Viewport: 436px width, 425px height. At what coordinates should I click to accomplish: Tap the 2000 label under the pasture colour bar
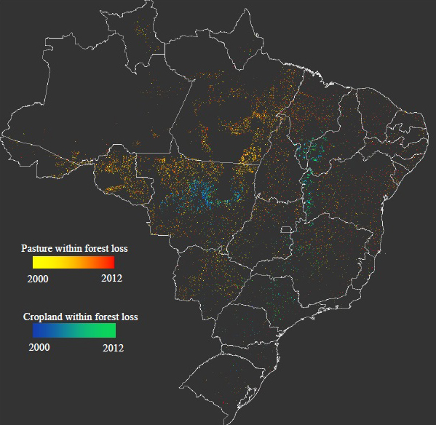[38, 279]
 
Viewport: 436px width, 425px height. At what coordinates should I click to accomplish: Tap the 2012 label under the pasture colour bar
[111, 279]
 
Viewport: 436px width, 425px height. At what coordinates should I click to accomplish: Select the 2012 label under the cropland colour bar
[113, 347]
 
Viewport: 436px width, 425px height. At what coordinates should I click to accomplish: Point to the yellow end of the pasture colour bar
[36, 263]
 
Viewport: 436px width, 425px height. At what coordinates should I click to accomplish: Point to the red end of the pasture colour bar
[111, 263]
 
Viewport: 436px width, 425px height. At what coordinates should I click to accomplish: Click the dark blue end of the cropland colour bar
[36, 330]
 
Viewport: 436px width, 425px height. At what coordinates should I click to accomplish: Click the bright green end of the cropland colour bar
[112, 330]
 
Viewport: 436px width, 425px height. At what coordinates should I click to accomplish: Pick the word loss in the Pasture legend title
[118, 249]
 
